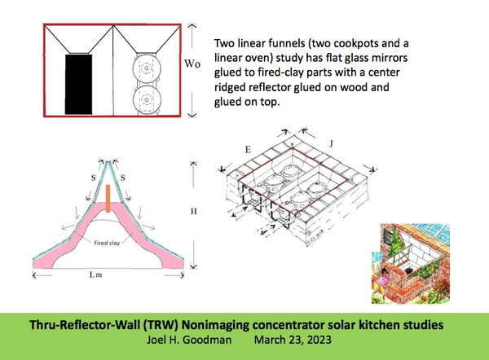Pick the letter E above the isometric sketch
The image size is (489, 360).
click(248, 151)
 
